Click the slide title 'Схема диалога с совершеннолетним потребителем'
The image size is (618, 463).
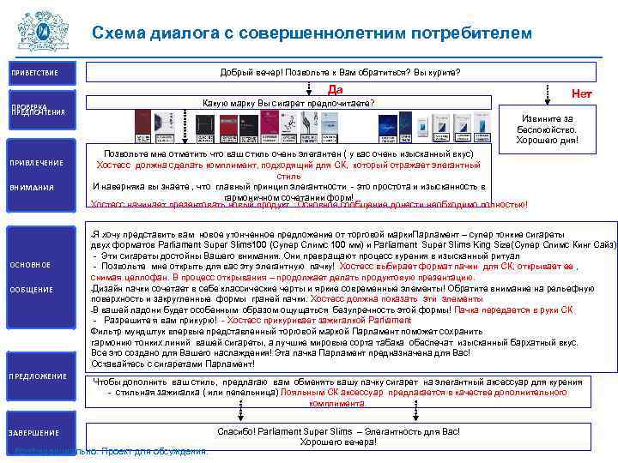(x=312, y=33)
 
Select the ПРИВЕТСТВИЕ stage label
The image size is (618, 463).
(x=34, y=72)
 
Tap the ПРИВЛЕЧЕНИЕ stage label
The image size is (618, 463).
(x=36, y=163)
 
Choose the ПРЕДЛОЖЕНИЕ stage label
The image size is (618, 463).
(x=38, y=376)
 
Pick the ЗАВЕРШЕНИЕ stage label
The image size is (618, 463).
(x=35, y=433)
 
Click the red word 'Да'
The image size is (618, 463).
(x=336, y=89)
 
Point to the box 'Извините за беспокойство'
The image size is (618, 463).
(x=547, y=129)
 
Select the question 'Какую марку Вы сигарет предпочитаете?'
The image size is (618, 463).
(x=288, y=104)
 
